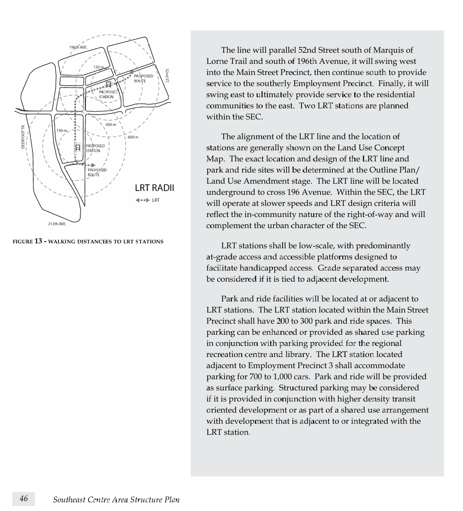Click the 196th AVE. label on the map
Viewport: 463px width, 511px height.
pyautogui.click(x=78, y=47)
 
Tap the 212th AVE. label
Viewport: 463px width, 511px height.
pyautogui.click(x=57, y=224)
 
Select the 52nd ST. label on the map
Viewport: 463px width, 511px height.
pyautogui.click(x=167, y=76)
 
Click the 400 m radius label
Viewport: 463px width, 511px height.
pyautogui.click(x=111, y=124)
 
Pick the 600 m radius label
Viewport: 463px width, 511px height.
pyautogui.click(x=133, y=137)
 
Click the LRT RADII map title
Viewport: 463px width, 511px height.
pyautogui.click(x=154, y=188)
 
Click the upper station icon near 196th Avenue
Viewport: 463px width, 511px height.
pyautogui.click(x=108, y=84)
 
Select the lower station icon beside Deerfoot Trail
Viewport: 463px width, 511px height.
pyautogui.click(x=77, y=147)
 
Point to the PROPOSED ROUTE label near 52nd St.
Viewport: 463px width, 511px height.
pyautogui.click(x=143, y=78)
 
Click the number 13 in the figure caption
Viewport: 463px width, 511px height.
pyautogui.click(x=38, y=241)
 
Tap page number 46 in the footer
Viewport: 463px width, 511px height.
pyautogui.click(x=24, y=499)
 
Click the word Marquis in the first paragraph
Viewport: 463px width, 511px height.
pyautogui.click(x=388, y=50)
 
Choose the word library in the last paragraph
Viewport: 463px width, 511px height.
pyautogui.click(x=298, y=355)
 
